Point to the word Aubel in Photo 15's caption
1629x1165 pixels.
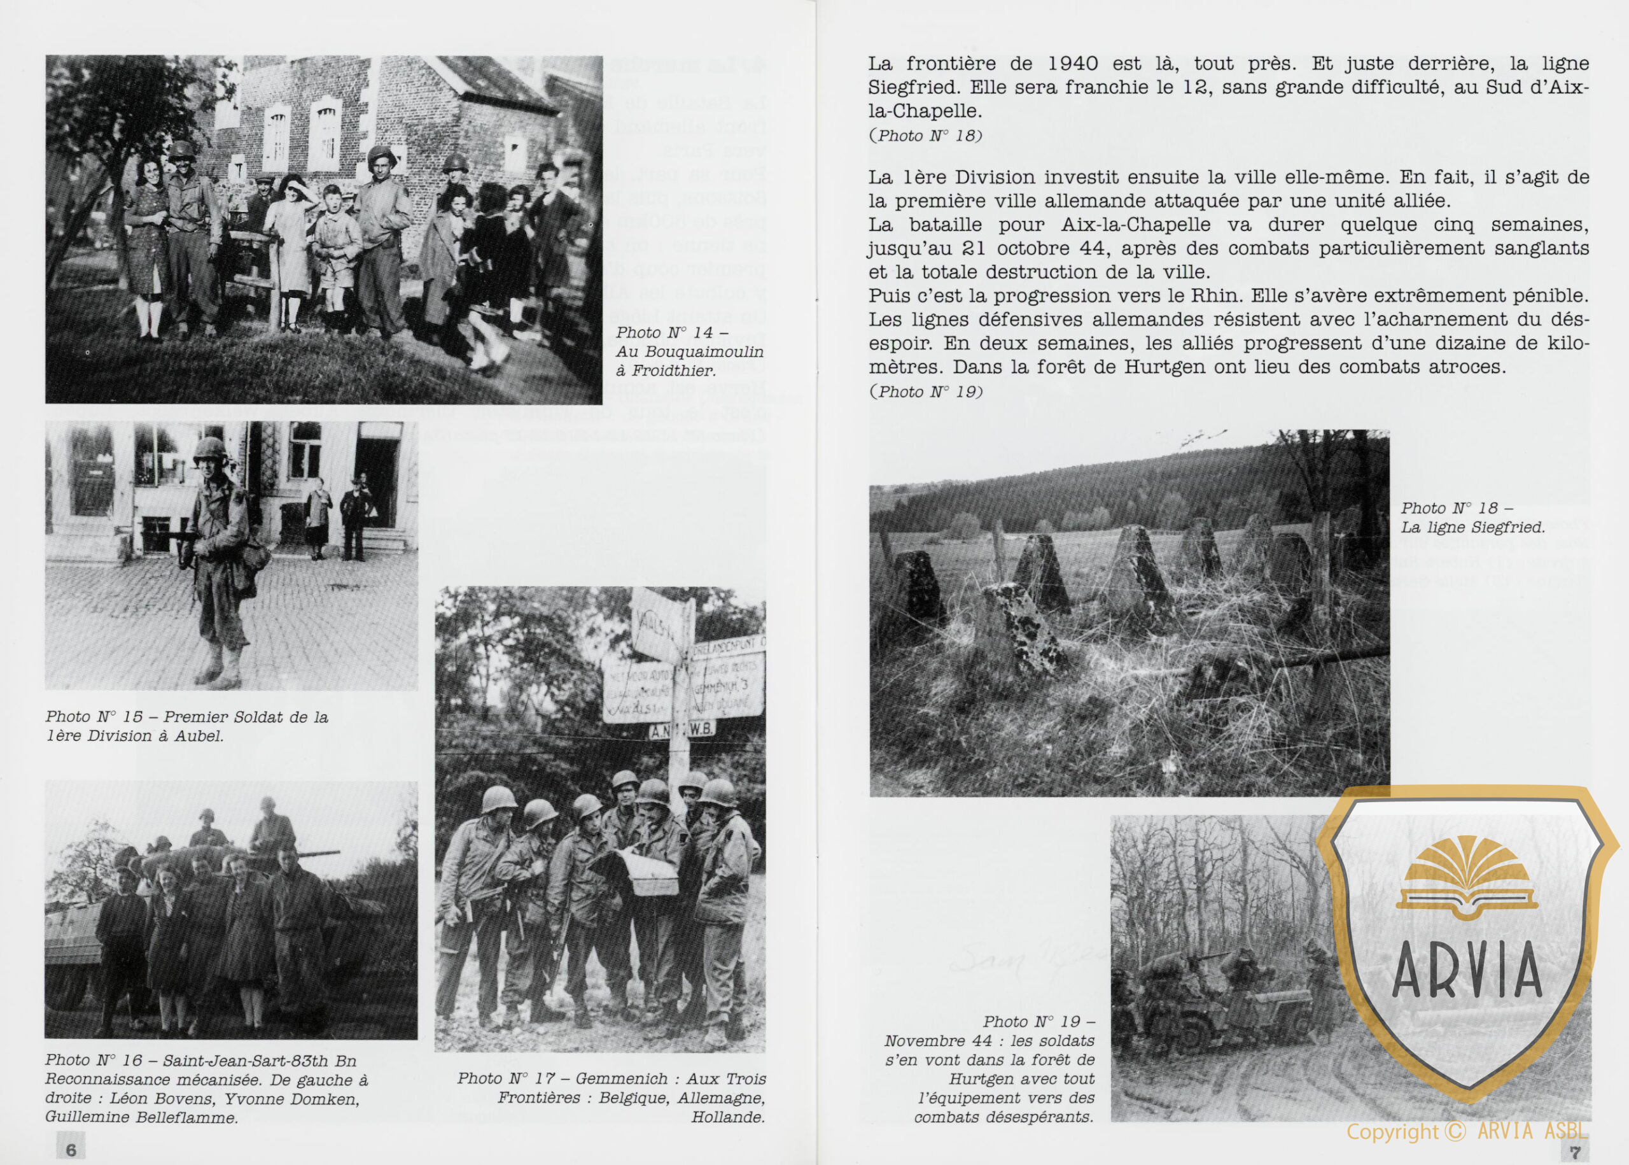click(x=198, y=736)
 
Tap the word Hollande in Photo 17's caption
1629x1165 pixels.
click(x=728, y=1117)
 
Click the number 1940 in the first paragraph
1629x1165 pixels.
click(x=1072, y=64)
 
